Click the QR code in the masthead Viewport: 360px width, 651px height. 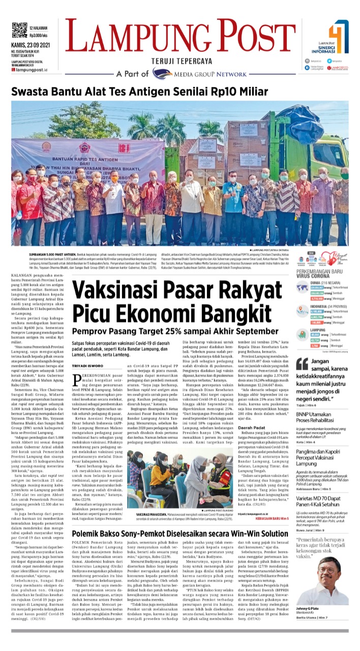pyautogui.click(x=19, y=30)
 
